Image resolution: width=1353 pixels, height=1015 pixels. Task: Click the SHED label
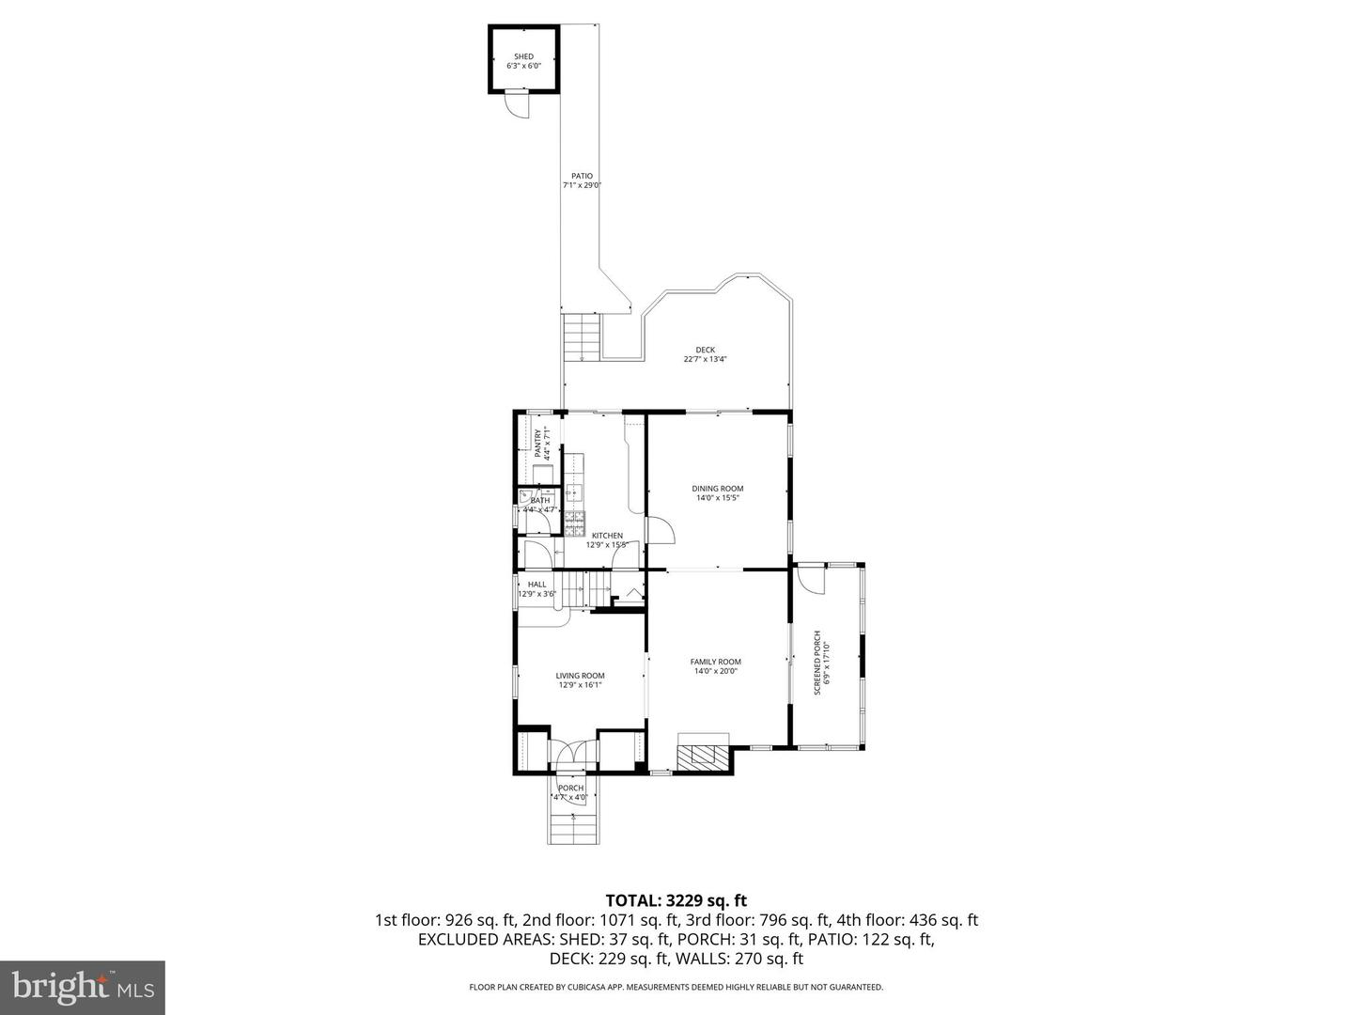[523, 57]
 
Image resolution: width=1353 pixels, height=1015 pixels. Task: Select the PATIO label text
[582, 176]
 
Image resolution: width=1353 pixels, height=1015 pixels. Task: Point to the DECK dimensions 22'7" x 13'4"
[706, 359]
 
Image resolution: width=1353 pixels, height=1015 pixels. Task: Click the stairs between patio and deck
[582, 337]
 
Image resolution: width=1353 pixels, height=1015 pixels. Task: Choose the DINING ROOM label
[718, 489]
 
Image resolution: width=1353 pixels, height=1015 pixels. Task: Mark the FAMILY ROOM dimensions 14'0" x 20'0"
[717, 671]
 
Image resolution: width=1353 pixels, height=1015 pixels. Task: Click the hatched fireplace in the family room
[703, 756]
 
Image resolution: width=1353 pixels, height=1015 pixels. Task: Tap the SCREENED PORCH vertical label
[817, 663]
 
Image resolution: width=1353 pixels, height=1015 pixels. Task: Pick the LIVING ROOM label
[580, 676]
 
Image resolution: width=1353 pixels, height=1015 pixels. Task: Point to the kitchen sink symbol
[574, 492]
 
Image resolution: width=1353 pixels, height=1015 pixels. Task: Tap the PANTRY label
[539, 443]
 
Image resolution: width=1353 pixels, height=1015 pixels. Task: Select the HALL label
[537, 585]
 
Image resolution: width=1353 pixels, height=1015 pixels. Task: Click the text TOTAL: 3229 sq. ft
[676, 901]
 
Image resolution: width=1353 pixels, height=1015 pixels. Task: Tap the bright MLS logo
[83, 987]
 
